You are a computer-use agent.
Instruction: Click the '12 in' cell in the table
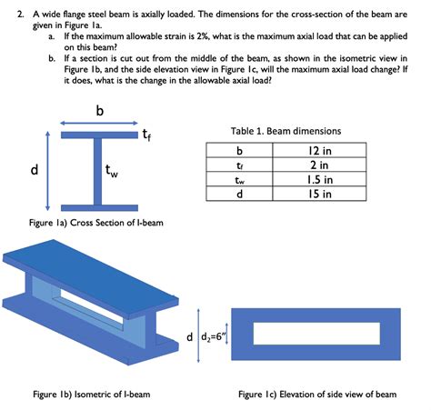(x=319, y=150)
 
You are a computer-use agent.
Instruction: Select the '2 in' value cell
(x=319, y=165)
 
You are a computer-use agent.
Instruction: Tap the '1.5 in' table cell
(x=319, y=179)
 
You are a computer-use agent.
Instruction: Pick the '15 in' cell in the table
(x=319, y=194)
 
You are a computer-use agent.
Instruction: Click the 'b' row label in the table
(x=239, y=150)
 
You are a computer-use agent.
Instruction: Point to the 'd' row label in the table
(x=239, y=194)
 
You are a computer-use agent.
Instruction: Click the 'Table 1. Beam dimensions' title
(x=286, y=131)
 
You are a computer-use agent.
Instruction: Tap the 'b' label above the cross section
(x=100, y=110)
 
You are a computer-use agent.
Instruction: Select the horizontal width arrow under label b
(x=99, y=123)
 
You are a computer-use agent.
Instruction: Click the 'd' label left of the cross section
(x=35, y=169)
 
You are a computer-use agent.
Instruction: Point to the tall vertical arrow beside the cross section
(x=47, y=171)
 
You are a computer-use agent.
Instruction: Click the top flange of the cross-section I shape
(x=99, y=135)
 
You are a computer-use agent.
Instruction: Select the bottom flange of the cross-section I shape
(x=99, y=208)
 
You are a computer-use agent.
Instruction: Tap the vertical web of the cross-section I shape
(x=97, y=172)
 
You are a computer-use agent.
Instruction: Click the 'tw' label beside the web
(x=111, y=171)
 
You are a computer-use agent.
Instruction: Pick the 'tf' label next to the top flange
(x=146, y=135)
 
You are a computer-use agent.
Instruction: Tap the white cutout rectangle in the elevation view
(x=316, y=334)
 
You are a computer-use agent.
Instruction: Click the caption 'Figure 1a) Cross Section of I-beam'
(x=96, y=223)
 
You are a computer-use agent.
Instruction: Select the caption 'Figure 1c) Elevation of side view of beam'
(x=317, y=395)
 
